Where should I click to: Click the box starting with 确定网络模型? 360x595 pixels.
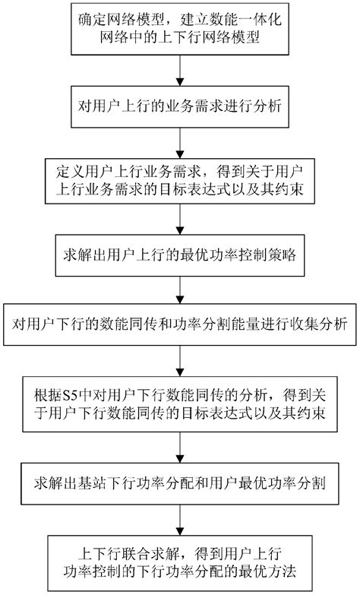[x=179, y=28]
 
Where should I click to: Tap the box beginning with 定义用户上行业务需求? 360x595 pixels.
[x=179, y=180]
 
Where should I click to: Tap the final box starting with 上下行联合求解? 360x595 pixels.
[x=179, y=559]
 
